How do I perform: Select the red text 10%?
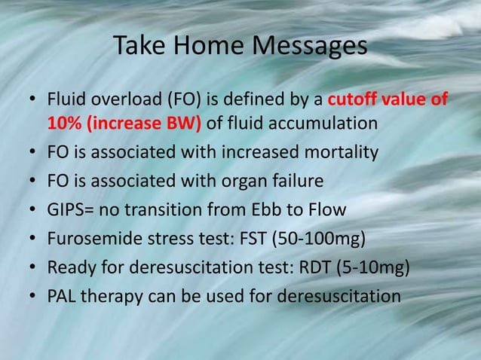point(64,123)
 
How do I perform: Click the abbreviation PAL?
point(62,296)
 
